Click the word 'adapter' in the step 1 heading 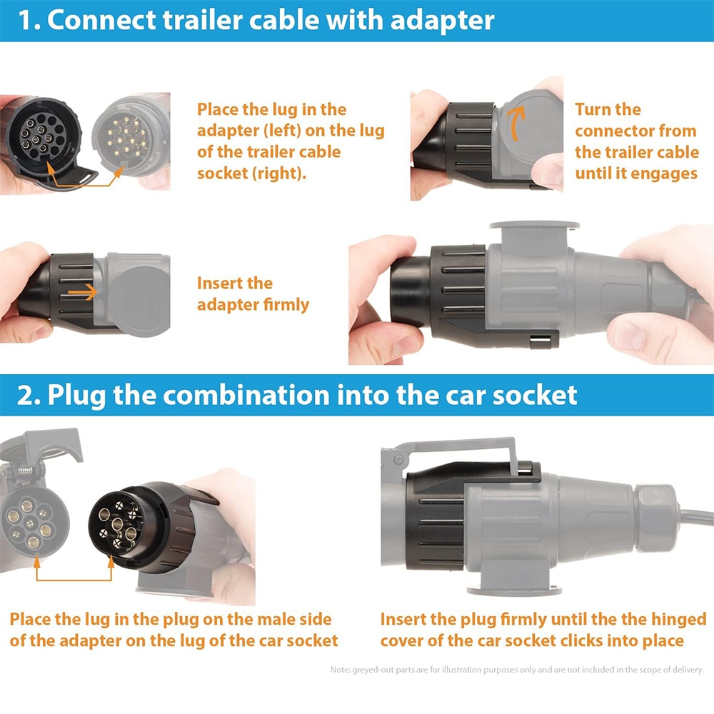pos(442,21)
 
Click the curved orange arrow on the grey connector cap pos(517,122)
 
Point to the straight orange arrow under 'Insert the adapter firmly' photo pos(82,292)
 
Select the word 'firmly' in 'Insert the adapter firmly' pos(286,304)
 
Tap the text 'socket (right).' pos(252,173)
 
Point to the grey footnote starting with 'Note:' pos(517,670)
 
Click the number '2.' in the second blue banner pos(29,395)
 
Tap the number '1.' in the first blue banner pos(29,21)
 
